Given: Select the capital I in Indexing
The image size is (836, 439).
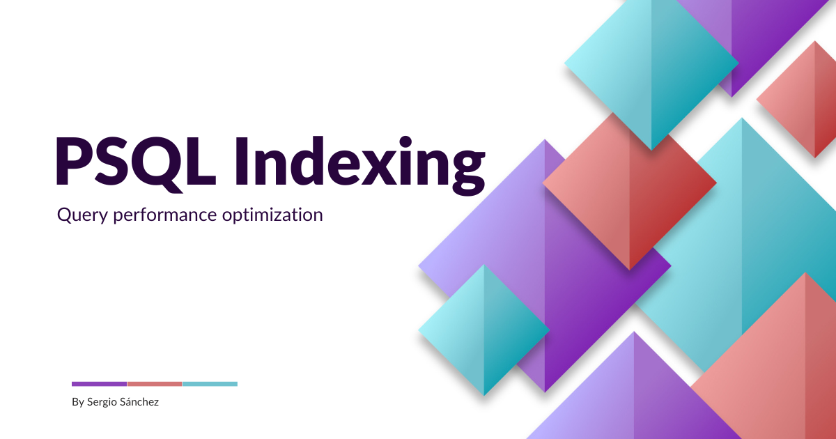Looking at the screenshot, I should (x=241, y=162).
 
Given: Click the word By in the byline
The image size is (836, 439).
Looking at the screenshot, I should (x=77, y=402).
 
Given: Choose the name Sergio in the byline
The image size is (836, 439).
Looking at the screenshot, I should (x=102, y=403).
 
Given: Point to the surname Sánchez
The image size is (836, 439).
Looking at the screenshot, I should (x=140, y=402).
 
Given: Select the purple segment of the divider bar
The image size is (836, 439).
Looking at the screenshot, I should (x=99, y=384).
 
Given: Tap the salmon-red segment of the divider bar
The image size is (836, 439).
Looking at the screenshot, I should (x=154, y=384).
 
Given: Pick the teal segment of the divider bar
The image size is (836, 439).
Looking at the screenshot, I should (x=209, y=384).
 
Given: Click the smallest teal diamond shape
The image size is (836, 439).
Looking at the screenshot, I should (x=484, y=330).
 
